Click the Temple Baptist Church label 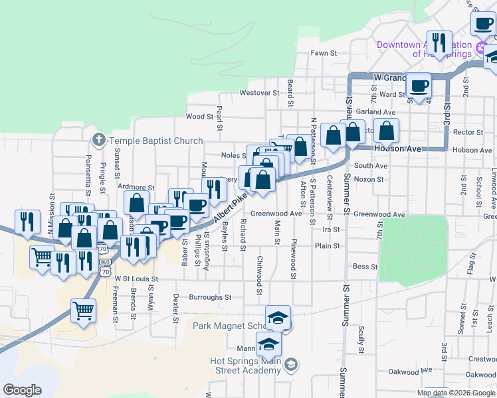(155, 141)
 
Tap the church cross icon (98, 141)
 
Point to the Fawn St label (324, 53)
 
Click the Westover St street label (260, 93)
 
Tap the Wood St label (199, 116)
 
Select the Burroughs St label (210, 298)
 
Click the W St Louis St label (136, 280)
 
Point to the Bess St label (365, 267)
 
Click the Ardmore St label (136, 188)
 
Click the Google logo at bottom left (23, 390)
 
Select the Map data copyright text (456, 393)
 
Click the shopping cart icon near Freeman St (84, 310)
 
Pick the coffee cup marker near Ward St (419, 85)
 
